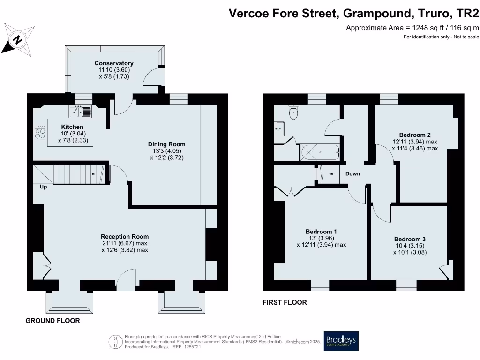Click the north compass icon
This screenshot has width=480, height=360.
[x=17, y=39]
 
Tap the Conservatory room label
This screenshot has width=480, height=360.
[x=114, y=63]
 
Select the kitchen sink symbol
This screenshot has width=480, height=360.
[x=81, y=112]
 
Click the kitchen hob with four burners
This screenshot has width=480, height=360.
[x=40, y=133]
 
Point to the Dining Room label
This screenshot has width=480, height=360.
[x=166, y=144]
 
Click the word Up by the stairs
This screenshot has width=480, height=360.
[x=43, y=186]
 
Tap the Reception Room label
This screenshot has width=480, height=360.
[x=125, y=237]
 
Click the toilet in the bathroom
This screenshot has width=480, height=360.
[x=294, y=112]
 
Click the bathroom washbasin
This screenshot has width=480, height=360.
[x=279, y=127]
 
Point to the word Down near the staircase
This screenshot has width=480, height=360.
[x=352, y=173]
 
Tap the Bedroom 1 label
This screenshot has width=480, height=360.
[x=321, y=232]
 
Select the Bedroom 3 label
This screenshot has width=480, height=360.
[x=410, y=239]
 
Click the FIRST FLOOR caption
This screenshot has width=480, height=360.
[x=285, y=302]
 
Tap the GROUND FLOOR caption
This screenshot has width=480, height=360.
[x=52, y=321]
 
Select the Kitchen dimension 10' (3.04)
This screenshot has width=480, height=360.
[x=72, y=134]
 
